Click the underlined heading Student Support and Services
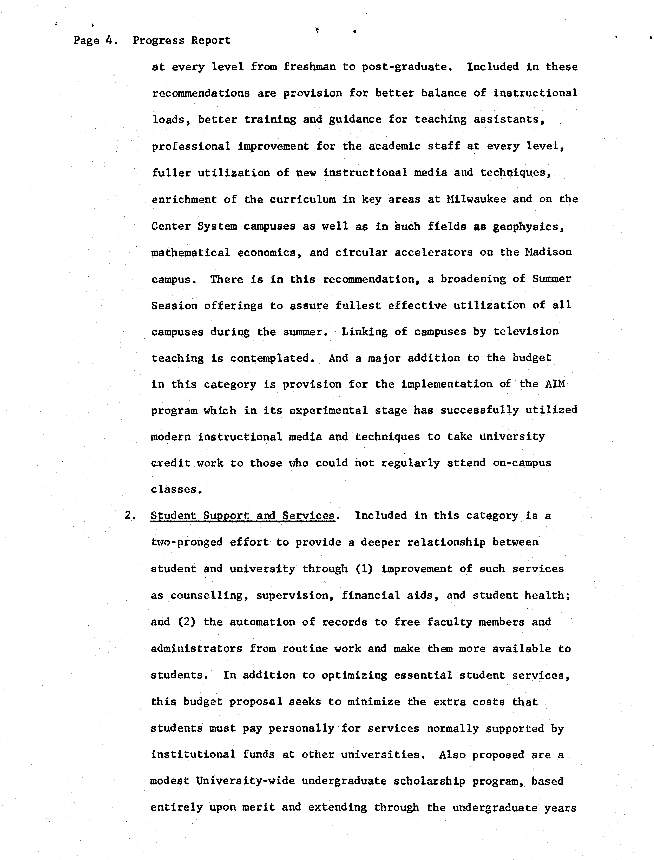click(242, 516)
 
